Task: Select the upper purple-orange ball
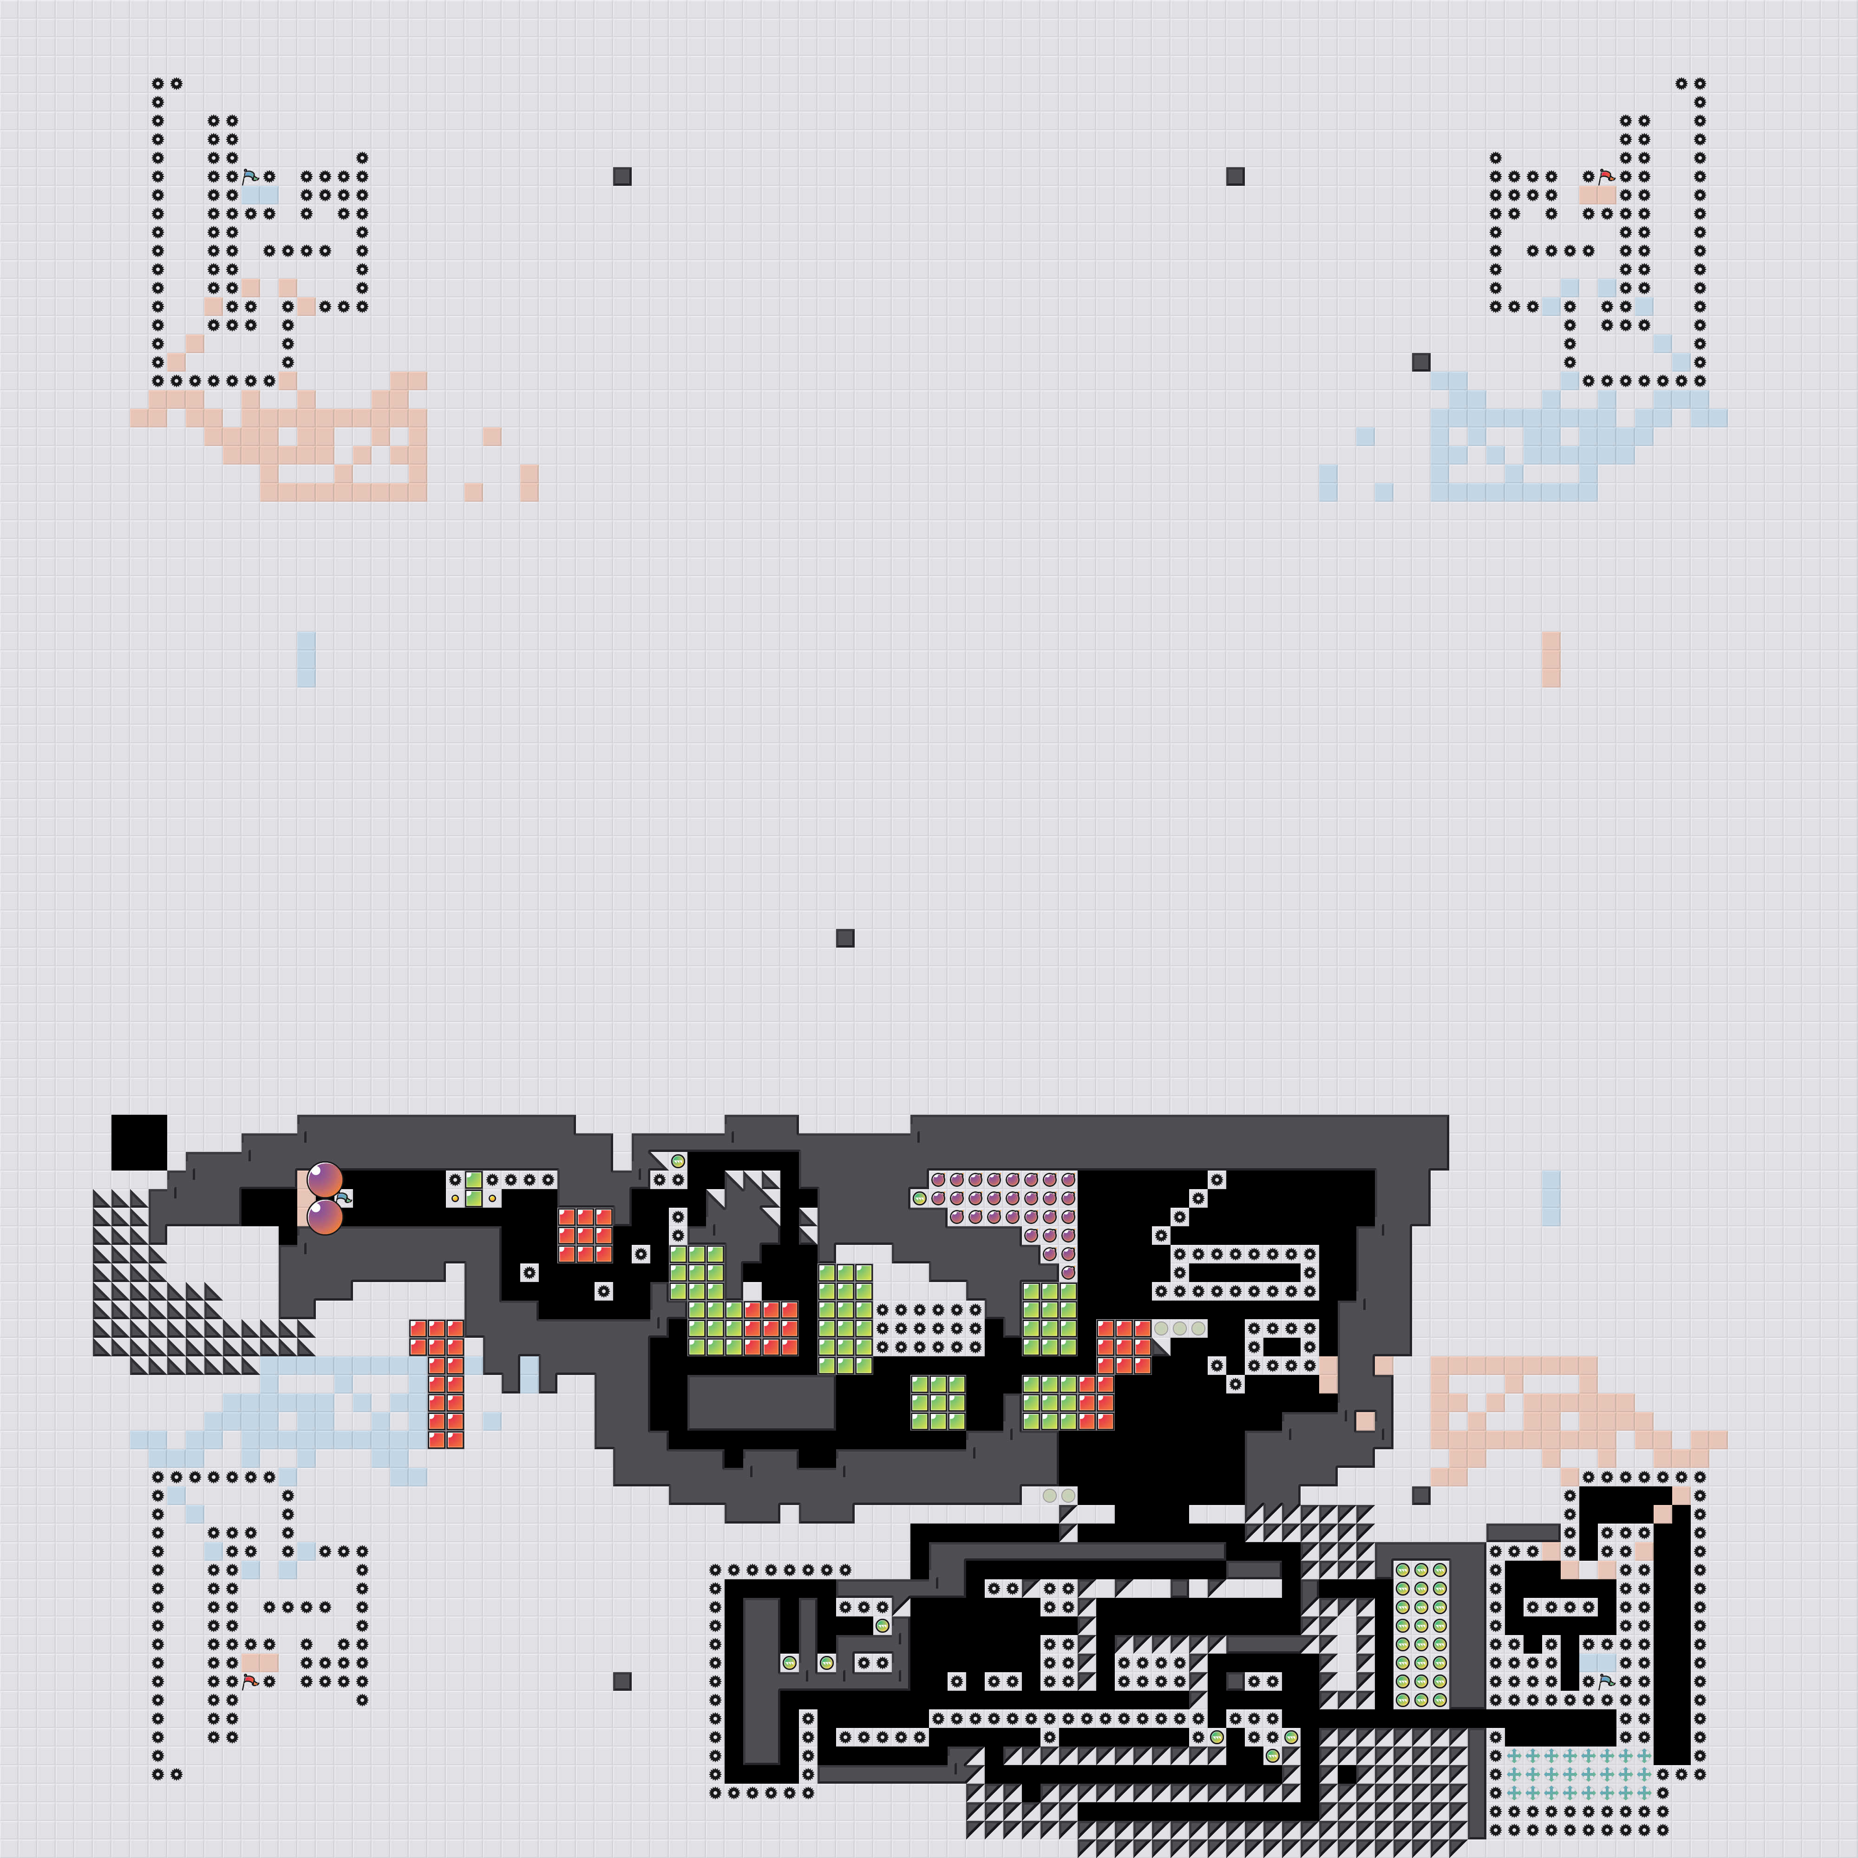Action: [325, 1179]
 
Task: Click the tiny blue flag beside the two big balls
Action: [344, 1197]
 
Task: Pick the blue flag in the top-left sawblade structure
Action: [250, 176]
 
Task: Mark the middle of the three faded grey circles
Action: [1179, 1328]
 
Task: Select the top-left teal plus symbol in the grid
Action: [1514, 1755]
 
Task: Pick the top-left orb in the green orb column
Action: [1402, 1570]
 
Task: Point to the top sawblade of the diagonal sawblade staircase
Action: [1217, 1179]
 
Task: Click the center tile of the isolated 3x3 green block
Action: [938, 1402]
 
